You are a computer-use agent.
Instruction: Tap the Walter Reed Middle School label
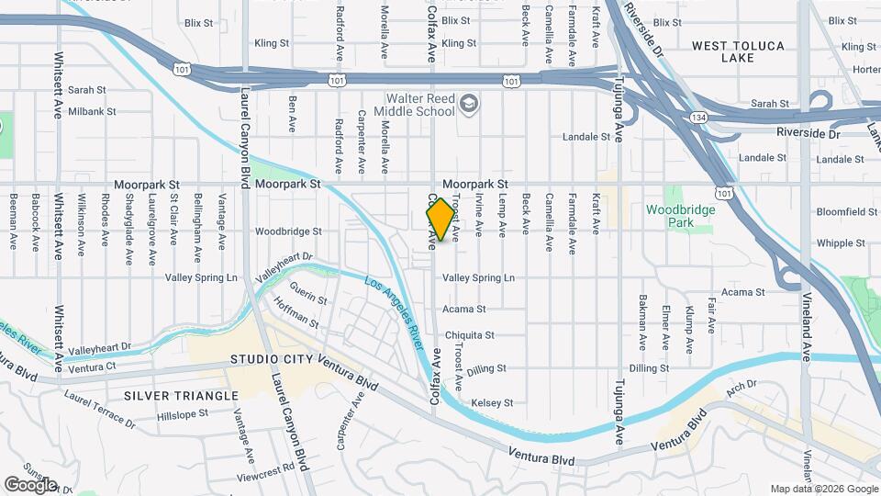(420, 105)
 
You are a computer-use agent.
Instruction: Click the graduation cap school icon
(469, 102)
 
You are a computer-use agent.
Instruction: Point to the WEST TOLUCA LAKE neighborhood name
(736, 51)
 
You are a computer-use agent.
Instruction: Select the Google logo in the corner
(29, 484)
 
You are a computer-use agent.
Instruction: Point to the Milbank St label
(92, 112)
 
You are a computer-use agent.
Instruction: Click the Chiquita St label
(470, 335)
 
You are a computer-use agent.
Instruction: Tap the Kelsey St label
(491, 403)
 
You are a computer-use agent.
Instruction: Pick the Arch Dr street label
(741, 385)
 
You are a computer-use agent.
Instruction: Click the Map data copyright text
(822, 489)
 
